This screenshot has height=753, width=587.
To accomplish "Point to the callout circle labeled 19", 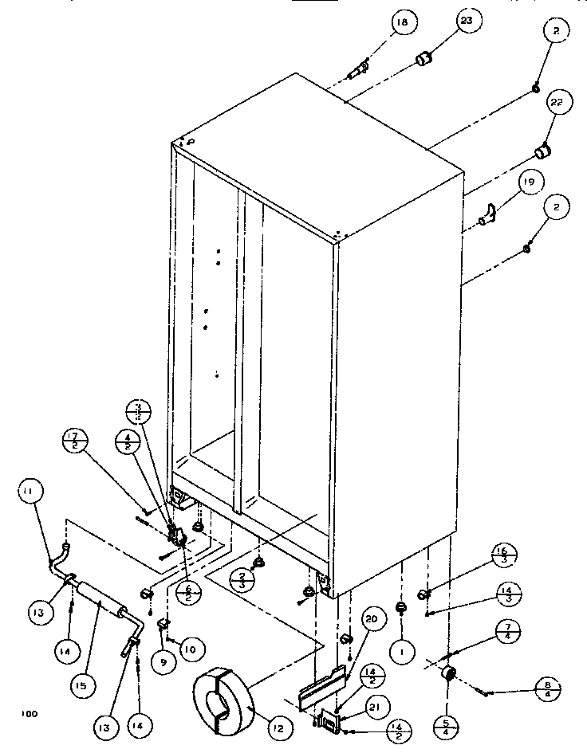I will point(526,182).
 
